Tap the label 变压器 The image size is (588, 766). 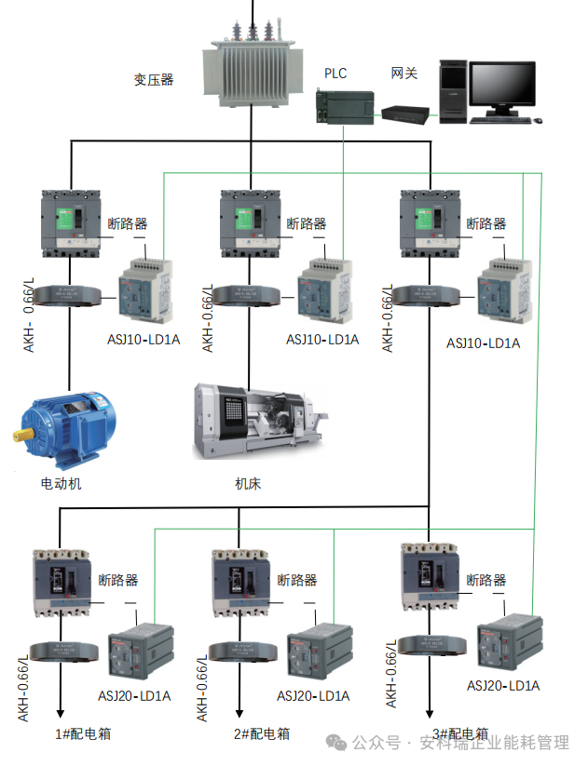[154, 80]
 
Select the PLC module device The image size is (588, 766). [345, 104]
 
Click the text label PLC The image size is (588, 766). [335, 72]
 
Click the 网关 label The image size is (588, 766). [403, 72]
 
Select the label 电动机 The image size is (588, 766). [62, 483]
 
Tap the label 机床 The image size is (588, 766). [248, 483]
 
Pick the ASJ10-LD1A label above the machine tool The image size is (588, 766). [322, 340]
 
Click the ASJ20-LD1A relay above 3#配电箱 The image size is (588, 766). [510, 645]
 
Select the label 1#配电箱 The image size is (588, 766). [83, 733]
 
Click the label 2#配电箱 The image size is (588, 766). [262, 733]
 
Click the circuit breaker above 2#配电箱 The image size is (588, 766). [241, 583]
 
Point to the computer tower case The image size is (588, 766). [452, 90]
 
